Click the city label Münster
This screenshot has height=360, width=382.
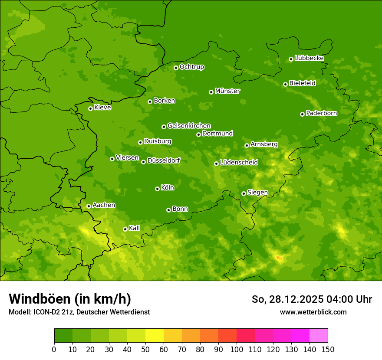227,91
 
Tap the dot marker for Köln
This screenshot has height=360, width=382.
157,189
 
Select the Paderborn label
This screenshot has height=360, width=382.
321,113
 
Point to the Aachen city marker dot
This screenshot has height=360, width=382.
89,206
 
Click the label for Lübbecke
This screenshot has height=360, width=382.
309,58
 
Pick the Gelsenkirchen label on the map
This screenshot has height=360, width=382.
189,126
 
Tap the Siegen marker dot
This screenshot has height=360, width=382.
244,193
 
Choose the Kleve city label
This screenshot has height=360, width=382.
102,108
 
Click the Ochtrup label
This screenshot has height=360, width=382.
191,67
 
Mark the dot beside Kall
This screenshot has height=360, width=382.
125,229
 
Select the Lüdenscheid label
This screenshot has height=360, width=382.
239,163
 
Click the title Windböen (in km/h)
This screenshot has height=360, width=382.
70,299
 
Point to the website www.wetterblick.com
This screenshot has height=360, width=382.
313,312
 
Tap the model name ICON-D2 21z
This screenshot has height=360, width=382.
52,312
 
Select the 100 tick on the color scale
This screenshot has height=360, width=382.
237,349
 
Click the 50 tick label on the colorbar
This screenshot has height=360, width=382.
145,349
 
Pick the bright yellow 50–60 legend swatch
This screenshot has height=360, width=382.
155,336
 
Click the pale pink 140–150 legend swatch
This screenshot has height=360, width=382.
319,336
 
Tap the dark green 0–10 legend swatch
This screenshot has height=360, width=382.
63,336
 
